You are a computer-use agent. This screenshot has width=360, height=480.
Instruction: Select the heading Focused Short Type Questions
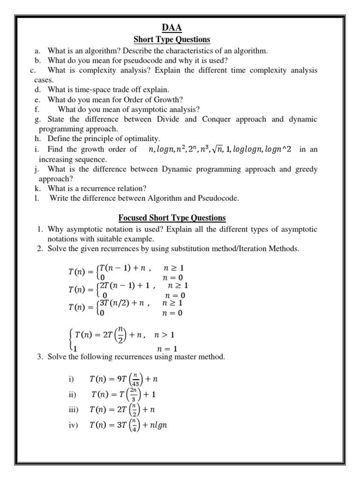click(172, 218)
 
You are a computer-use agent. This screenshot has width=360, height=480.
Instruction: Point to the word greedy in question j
click(305, 169)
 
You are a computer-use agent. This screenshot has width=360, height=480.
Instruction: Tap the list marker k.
click(37, 188)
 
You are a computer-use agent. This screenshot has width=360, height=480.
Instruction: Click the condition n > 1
click(165, 335)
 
